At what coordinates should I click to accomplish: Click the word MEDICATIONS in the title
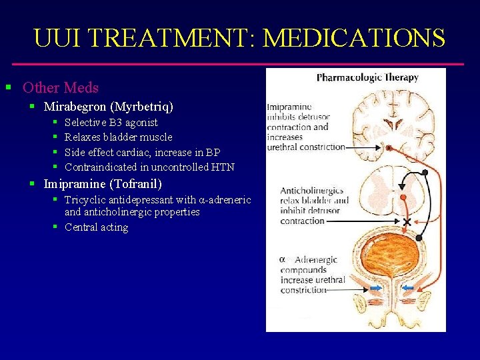coord(354,38)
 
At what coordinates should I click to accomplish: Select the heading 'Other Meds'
coord(61,87)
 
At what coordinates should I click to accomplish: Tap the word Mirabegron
coord(73,107)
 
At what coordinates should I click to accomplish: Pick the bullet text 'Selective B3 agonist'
coord(111,123)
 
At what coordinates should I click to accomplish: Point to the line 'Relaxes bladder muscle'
coord(119,137)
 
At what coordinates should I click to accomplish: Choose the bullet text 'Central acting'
coord(97,227)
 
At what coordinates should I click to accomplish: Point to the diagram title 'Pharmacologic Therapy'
coord(367,78)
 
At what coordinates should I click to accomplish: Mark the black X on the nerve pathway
coord(406,221)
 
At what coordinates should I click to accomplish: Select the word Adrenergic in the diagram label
coord(316,260)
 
